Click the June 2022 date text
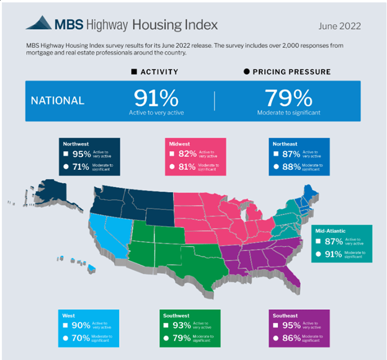pos(339,26)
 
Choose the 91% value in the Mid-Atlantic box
pos(335,254)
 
